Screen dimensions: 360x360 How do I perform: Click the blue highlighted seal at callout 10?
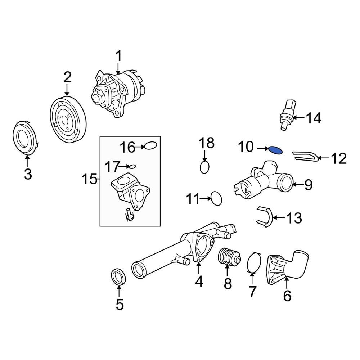point(275,150)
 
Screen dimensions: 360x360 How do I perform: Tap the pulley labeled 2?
point(67,120)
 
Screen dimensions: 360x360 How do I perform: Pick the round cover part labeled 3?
point(26,138)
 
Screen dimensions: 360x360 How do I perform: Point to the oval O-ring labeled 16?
point(150,146)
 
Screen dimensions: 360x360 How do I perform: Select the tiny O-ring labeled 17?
point(133,166)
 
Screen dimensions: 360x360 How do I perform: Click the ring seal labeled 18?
point(204,167)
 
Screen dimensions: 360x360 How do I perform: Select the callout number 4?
point(199,282)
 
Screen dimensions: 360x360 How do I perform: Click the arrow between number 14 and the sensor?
point(300,117)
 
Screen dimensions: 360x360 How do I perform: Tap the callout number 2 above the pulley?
point(67,77)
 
